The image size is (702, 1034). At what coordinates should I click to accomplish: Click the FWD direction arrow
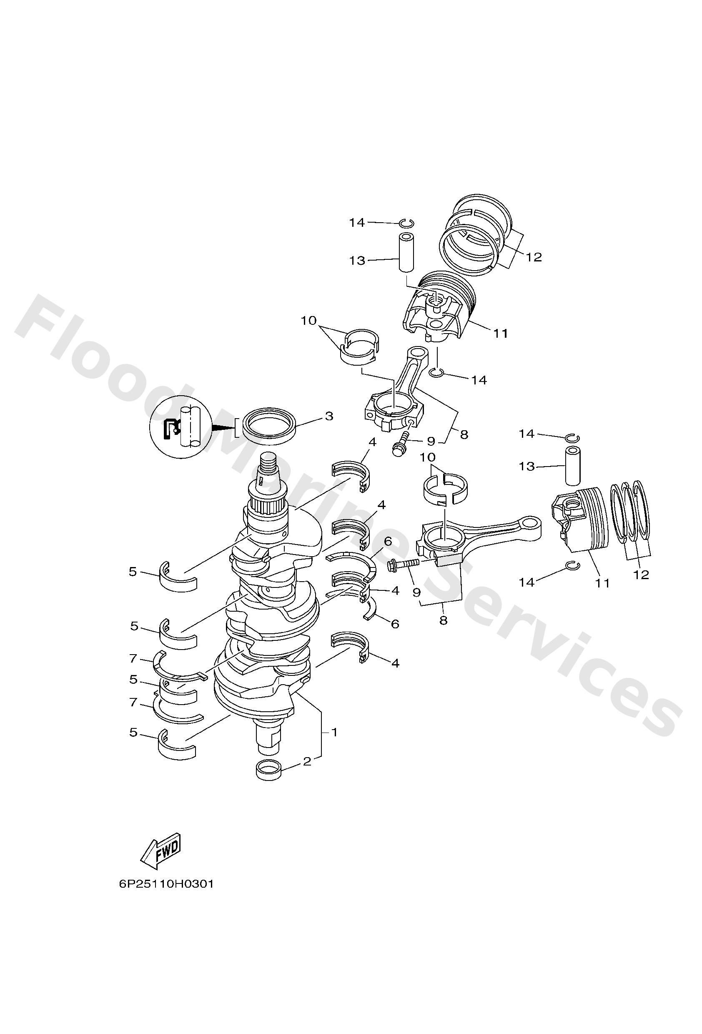160,851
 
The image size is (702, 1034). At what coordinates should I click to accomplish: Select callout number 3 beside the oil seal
329,416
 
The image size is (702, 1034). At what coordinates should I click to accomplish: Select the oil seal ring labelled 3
268,426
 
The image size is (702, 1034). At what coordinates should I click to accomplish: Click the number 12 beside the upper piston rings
534,257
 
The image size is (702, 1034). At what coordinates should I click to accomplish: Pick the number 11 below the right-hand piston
602,583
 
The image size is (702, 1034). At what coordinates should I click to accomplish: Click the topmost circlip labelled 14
409,223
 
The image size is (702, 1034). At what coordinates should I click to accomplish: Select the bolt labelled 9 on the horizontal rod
403,564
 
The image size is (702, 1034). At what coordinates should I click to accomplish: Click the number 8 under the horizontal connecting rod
443,620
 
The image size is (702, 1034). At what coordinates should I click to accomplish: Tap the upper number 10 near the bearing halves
308,320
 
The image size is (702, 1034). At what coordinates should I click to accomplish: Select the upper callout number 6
388,541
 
